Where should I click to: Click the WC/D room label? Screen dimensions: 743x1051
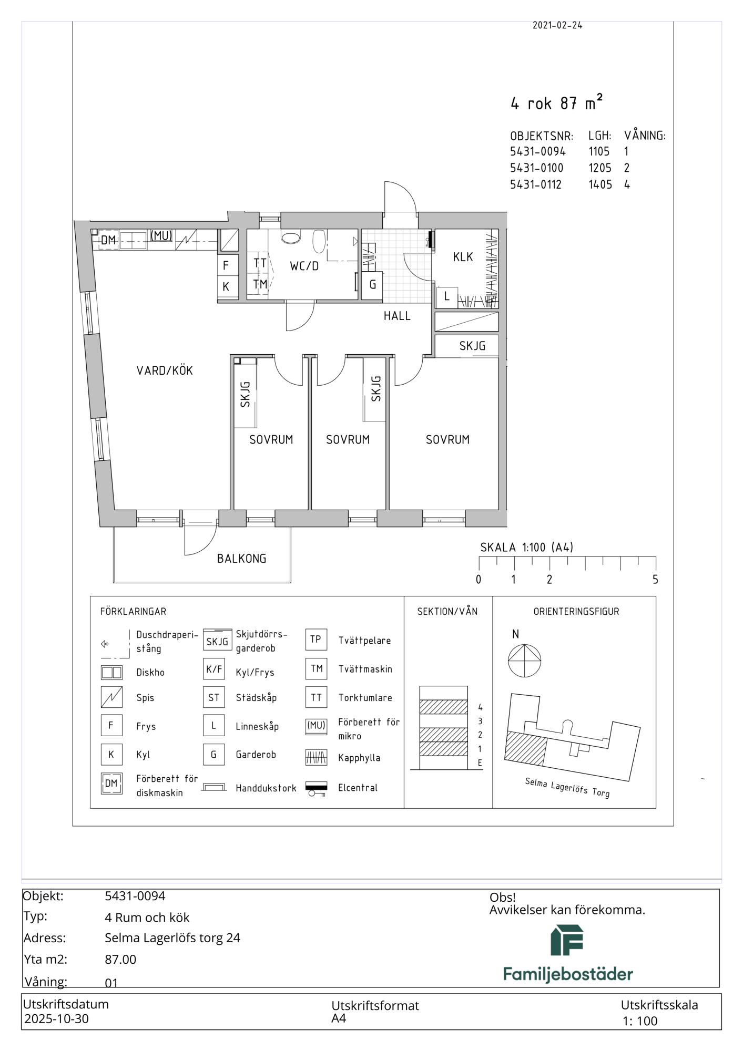304,266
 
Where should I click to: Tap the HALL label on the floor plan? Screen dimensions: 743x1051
397,316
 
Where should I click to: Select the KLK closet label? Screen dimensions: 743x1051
463,257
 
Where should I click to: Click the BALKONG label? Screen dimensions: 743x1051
242,559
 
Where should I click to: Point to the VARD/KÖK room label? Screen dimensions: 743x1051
165,370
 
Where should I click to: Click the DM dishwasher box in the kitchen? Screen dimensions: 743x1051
108,241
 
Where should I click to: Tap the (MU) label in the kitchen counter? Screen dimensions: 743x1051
161,236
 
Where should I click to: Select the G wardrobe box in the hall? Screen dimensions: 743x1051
372,285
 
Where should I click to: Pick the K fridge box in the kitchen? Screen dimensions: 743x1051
226,287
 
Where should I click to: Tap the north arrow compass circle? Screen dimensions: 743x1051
524,661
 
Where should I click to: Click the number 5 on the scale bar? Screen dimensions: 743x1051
655,580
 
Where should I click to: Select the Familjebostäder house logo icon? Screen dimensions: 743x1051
567,940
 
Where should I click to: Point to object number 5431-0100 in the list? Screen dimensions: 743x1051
536,168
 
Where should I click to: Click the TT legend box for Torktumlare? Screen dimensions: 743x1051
316,697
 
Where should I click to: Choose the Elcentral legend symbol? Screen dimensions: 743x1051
316,788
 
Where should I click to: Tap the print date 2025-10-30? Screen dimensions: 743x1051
57,1019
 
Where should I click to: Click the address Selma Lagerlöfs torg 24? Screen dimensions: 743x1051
172,937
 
